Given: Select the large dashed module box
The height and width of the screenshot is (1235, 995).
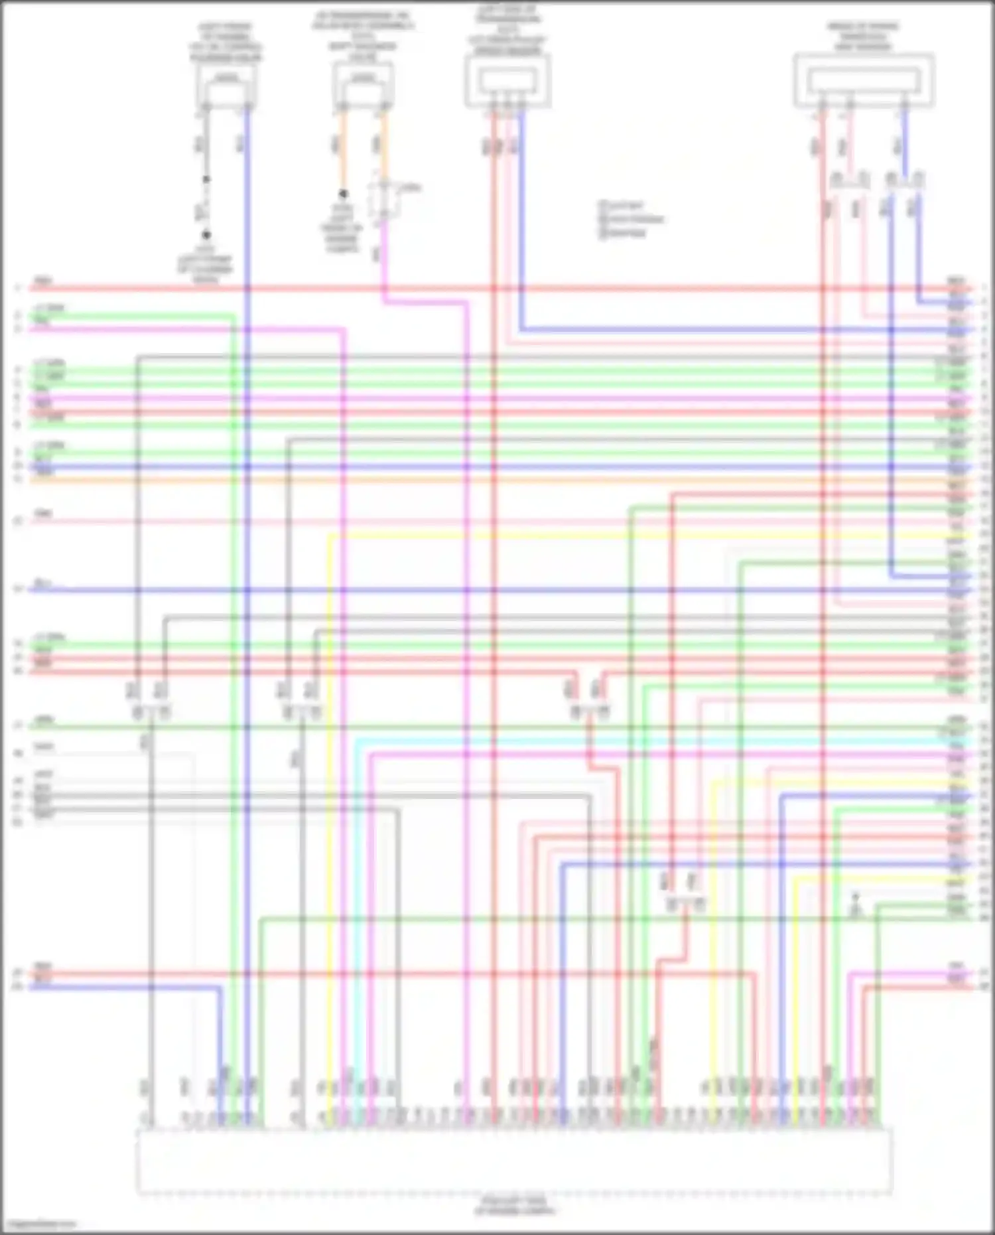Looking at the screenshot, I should [x=514, y=1161].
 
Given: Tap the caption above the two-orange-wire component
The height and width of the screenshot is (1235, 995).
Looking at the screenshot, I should [x=363, y=36].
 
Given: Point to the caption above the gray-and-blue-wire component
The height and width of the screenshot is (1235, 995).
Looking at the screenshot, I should [x=226, y=42].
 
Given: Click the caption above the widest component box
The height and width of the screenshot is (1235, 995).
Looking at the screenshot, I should [x=863, y=36].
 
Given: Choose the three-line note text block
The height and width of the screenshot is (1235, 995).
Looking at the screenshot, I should [x=630, y=219].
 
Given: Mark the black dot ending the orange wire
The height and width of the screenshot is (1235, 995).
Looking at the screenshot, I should [x=343, y=194].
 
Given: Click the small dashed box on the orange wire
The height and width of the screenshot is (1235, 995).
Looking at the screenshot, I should [x=384, y=199].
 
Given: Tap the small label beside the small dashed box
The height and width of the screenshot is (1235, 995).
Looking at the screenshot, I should [x=411, y=188].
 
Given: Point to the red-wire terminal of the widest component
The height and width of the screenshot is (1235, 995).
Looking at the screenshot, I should [x=822, y=106].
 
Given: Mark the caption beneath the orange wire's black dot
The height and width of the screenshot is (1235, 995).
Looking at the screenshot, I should [x=343, y=229].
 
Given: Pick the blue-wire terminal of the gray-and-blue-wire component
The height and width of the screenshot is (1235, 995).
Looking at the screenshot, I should [x=247, y=107].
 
